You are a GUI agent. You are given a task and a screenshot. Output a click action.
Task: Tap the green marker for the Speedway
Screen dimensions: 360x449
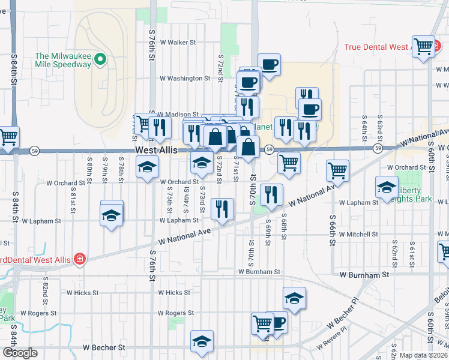(101, 59)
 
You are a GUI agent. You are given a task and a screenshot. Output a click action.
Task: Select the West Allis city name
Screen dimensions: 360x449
(156, 150)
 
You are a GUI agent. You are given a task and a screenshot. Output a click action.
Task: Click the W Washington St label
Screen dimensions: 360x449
(185, 79)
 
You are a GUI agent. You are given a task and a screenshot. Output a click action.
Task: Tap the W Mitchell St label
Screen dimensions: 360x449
(358, 235)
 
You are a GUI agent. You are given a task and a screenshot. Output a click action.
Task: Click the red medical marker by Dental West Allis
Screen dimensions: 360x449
(79, 259)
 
